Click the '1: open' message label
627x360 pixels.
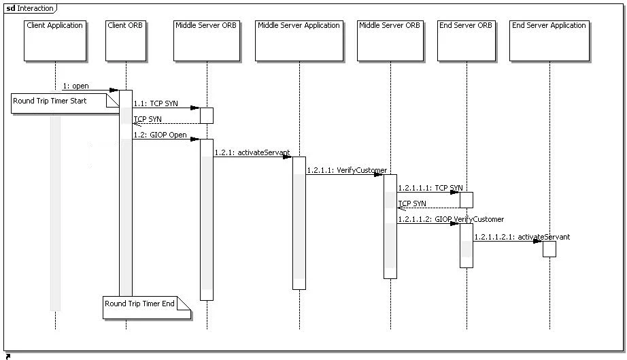[76, 86]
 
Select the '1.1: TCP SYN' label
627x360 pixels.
[156, 103]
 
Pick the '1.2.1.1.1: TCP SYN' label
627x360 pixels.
[430, 187]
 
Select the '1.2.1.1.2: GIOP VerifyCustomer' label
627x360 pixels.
[451, 219]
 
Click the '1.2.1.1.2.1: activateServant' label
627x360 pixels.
[522, 237]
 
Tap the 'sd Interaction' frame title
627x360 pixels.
[30, 8]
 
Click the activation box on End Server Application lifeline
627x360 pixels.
[549, 249]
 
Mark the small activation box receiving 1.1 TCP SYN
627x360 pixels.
[207, 115]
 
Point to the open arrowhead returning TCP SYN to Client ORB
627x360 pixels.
[136, 124]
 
